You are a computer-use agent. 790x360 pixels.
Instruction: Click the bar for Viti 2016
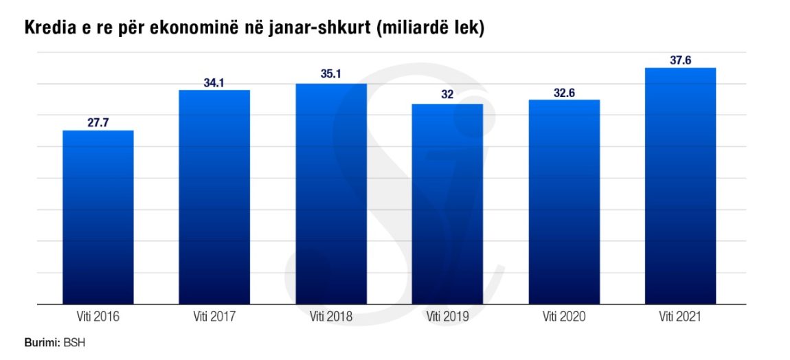point(98,216)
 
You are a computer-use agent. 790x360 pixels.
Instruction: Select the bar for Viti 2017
point(214,196)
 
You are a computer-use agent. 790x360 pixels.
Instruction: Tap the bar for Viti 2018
point(330,193)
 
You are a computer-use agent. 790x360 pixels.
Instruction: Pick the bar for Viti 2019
point(447,203)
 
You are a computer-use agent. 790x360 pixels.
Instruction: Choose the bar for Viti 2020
point(564,201)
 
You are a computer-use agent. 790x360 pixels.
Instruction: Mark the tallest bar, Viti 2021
point(680,185)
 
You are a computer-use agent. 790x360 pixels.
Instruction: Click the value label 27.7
point(98,123)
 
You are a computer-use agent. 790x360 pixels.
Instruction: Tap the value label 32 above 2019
point(447,95)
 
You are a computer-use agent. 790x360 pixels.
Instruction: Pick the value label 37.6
point(680,60)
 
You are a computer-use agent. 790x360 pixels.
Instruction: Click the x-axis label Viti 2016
point(98,317)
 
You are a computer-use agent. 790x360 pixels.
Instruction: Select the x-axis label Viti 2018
point(331,317)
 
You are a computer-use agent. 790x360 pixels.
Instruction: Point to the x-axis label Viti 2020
point(564,317)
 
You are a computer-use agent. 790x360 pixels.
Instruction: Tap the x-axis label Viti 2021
point(680,317)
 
